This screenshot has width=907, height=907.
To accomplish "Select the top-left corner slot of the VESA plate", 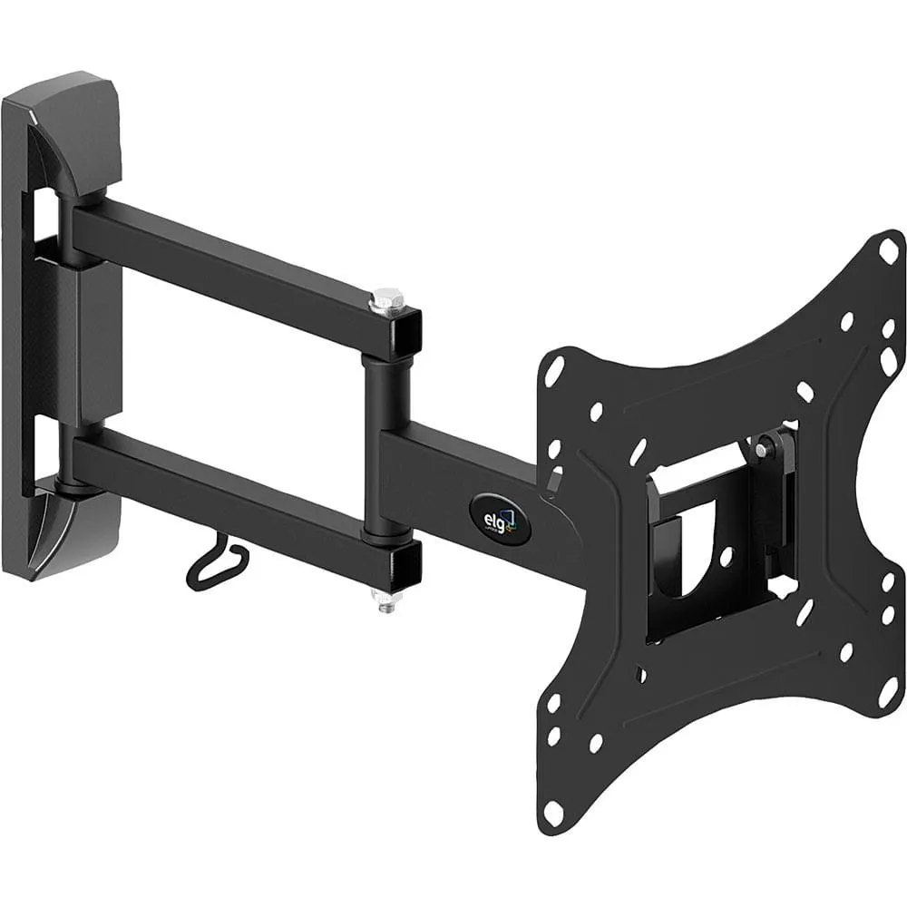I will (x=554, y=367).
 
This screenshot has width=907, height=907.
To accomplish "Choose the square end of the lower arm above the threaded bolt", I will (x=402, y=563).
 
